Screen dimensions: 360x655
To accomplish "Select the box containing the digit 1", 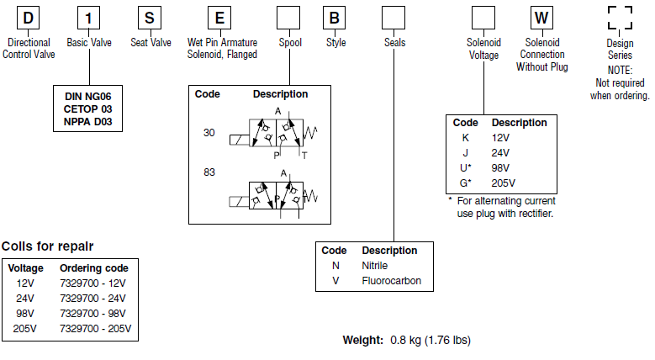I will [x=90, y=19].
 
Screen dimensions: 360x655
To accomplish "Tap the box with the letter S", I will [x=150, y=19].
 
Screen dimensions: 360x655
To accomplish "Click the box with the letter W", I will [x=541, y=19].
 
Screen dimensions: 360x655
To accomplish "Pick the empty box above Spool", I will [x=289, y=19].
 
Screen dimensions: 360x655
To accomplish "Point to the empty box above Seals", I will [x=394, y=19].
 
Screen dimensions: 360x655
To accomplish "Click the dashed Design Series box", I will [x=620, y=19].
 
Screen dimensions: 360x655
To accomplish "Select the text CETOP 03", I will [x=87, y=109].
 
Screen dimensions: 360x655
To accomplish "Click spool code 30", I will [x=209, y=133].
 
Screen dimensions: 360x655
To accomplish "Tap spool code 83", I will [x=209, y=173].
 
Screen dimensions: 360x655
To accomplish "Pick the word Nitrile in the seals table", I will [x=375, y=266].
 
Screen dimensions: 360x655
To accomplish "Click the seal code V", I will [x=335, y=281].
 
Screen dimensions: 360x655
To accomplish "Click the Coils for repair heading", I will [x=47, y=246].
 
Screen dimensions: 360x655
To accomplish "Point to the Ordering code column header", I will [x=93, y=268].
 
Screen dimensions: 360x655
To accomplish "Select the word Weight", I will [x=363, y=341].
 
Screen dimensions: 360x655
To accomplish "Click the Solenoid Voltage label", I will [x=483, y=48].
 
